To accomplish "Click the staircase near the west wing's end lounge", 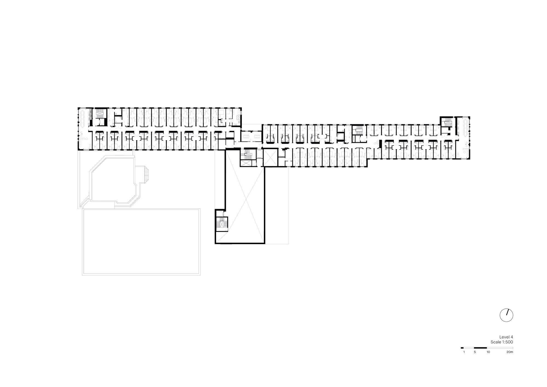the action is (100, 116).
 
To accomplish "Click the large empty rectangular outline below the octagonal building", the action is (141, 242).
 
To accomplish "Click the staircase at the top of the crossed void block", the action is (248, 154).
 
